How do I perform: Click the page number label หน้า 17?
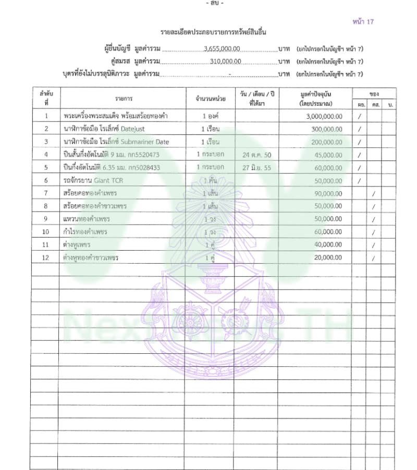[x=363, y=22]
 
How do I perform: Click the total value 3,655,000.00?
[x=222, y=49]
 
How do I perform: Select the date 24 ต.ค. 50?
[x=256, y=155]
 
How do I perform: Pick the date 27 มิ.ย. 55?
[x=256, y=168]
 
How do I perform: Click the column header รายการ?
[x=124, y=98]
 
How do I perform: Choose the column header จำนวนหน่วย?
[x=210, y=98]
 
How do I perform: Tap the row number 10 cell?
[x=46, y=232]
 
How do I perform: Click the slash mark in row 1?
[x=360, y=116]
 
